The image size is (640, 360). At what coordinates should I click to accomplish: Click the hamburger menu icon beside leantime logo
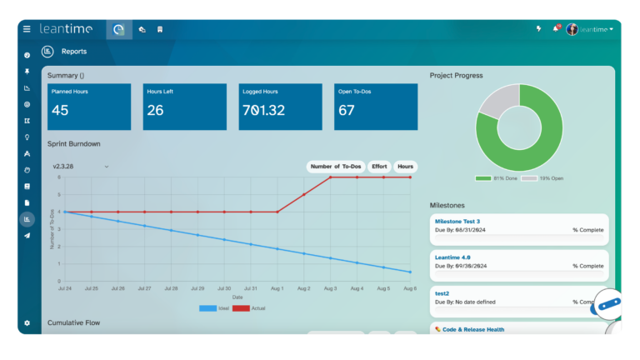(x=27, y=29)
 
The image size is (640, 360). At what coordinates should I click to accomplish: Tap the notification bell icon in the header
(x=556, y=29)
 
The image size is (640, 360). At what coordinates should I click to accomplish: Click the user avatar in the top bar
(x=572, y=29)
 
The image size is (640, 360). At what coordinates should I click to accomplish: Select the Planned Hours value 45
(x=60, y=110)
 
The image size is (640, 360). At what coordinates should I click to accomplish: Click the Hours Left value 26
(x=155, y=110)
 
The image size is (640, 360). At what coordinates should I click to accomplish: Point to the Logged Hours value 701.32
(x=263, y=110)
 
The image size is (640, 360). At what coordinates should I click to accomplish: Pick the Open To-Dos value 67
(x=347, y=110)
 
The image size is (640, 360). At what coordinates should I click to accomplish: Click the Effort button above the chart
(x=379, y=167)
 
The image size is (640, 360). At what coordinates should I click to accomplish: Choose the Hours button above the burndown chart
(x=405, y=167)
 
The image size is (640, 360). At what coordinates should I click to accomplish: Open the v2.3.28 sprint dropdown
(x=80, y=167)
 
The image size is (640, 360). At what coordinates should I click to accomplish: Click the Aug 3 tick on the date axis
(x=330, y=288)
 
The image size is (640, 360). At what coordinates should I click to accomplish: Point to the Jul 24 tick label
(x=65, y=288)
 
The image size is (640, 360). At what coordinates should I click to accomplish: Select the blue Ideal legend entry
(x=217, y=307)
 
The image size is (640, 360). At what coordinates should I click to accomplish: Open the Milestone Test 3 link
(x=458, y=221)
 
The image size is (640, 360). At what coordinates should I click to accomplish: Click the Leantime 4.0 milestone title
(x=452, y=257)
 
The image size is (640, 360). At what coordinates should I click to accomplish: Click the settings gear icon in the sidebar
(x=27, y=322)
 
